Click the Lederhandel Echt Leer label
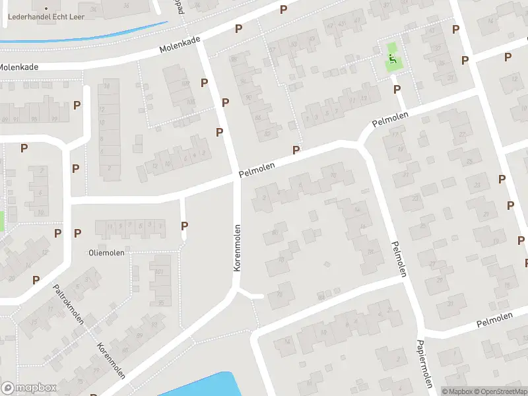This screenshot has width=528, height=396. [x=46, y=16]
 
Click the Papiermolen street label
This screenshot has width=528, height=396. [x=424, y=364]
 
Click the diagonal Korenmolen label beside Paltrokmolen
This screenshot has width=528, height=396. [x=110, y=361]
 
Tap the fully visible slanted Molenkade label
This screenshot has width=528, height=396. [x=180, y=44]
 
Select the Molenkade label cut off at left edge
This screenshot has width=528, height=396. [x=18, y=67]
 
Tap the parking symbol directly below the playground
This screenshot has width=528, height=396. [x=397, y=89]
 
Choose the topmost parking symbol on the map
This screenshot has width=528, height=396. [x=283, y=9]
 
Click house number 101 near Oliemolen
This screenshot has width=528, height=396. [x=158, y=272]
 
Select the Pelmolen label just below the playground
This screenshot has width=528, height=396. [x=390, y=119]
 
